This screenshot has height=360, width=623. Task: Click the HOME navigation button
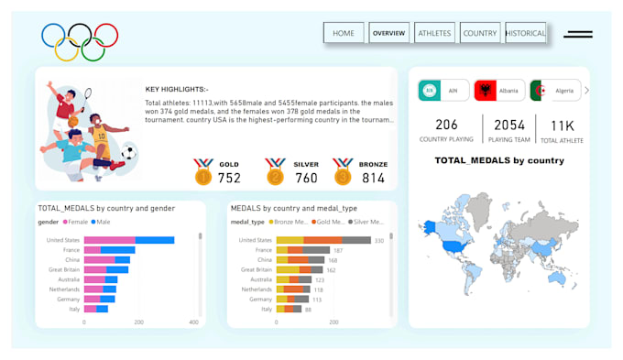[344, 33]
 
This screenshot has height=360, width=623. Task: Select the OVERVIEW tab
[388, 33]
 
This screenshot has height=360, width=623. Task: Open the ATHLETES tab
[434, 33]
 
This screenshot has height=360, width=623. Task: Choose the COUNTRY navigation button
[479, 33]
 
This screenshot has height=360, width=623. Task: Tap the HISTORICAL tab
[525, 33]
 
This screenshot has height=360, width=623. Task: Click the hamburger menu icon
[577, 34]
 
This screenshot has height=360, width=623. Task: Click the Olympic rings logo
[80, 40]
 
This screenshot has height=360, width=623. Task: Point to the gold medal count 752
[229, 178]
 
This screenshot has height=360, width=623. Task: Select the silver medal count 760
[307, 178]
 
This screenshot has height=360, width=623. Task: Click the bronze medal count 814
[374, 178]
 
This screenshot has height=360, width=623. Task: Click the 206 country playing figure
[446, 125]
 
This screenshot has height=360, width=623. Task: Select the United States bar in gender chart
[128, 240]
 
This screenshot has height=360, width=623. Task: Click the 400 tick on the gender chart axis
[193, 322]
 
